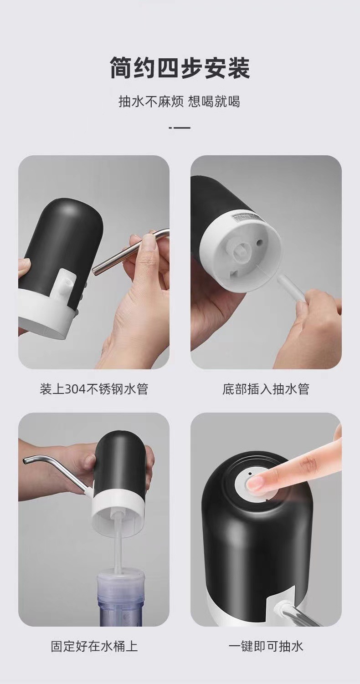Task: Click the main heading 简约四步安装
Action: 180,68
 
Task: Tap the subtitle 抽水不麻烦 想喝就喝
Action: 179,101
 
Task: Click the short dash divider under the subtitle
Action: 180,127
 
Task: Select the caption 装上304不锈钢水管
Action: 94,389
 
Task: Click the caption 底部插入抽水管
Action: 266,389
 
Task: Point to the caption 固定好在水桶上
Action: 94,646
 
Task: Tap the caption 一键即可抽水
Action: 266,646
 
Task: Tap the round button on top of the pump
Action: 250,483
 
